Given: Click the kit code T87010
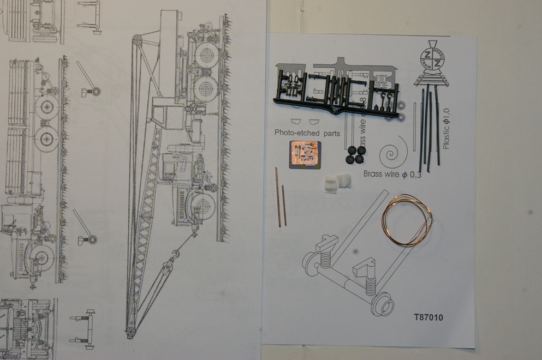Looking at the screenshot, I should point(428,317).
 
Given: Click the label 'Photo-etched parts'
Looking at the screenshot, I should point(308,133).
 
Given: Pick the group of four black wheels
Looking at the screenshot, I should point(356,154).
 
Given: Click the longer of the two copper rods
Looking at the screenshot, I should point(278,196).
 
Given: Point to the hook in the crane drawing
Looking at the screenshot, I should point(176,254).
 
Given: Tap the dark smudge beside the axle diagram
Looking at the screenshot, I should point(356,253).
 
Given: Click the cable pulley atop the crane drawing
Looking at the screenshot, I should point(137,41).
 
